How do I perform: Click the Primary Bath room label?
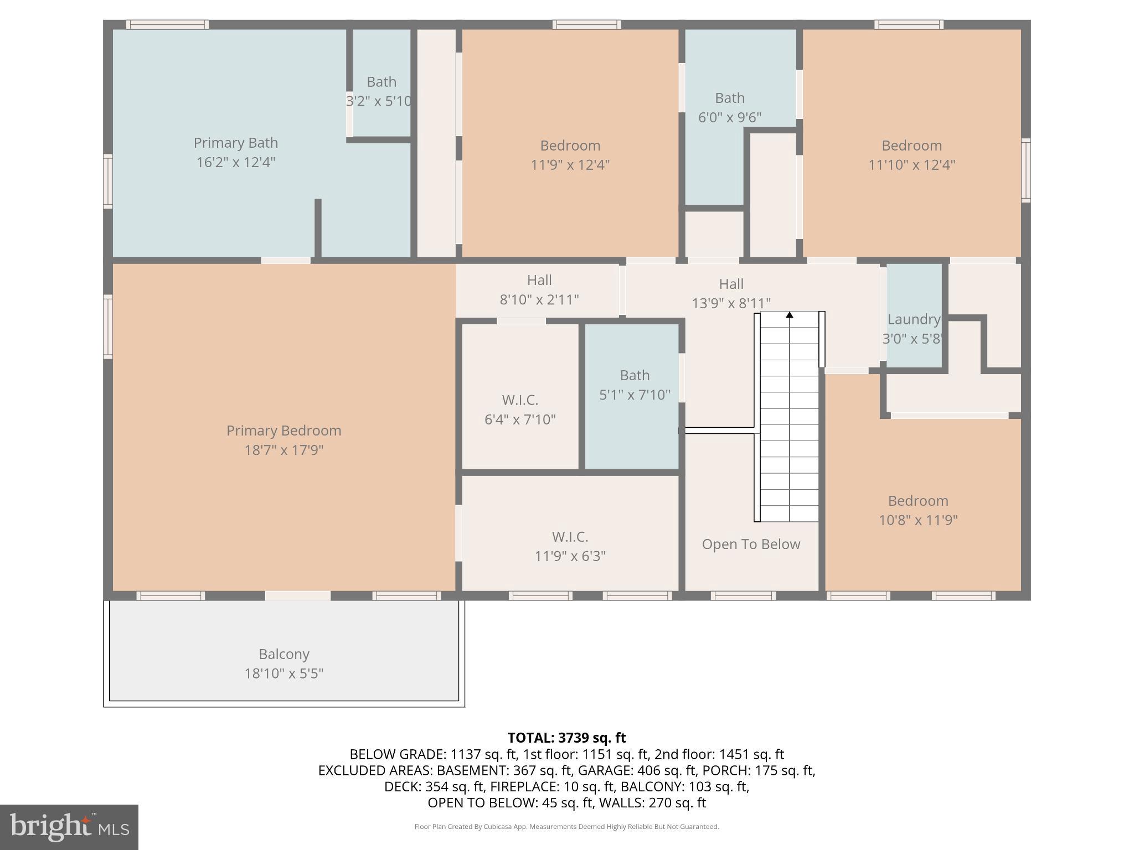(235, 143)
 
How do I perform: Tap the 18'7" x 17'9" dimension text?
(283, 450)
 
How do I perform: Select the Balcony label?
(283, 654)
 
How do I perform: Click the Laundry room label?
(914, 319)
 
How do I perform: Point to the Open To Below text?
(751, 544)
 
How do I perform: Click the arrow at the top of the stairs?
(790, 315)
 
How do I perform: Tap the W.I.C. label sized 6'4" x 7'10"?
(520, 400)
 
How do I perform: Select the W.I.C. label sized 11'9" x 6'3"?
(570, 537)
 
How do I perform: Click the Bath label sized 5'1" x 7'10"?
(635, 375)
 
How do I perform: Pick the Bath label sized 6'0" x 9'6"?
(729, 98)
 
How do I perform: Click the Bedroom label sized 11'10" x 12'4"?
(911, 146)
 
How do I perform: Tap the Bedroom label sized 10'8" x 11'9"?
(918, 501)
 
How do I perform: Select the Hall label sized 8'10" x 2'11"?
(539, 280)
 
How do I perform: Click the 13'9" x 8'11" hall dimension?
(731, 303)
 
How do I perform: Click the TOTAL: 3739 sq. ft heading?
(566, 738)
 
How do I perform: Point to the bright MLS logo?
(69, 827)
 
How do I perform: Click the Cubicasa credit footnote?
(566, 827)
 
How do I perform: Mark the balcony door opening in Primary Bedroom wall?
(297, 595)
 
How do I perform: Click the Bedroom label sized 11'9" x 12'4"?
(570, 146)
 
